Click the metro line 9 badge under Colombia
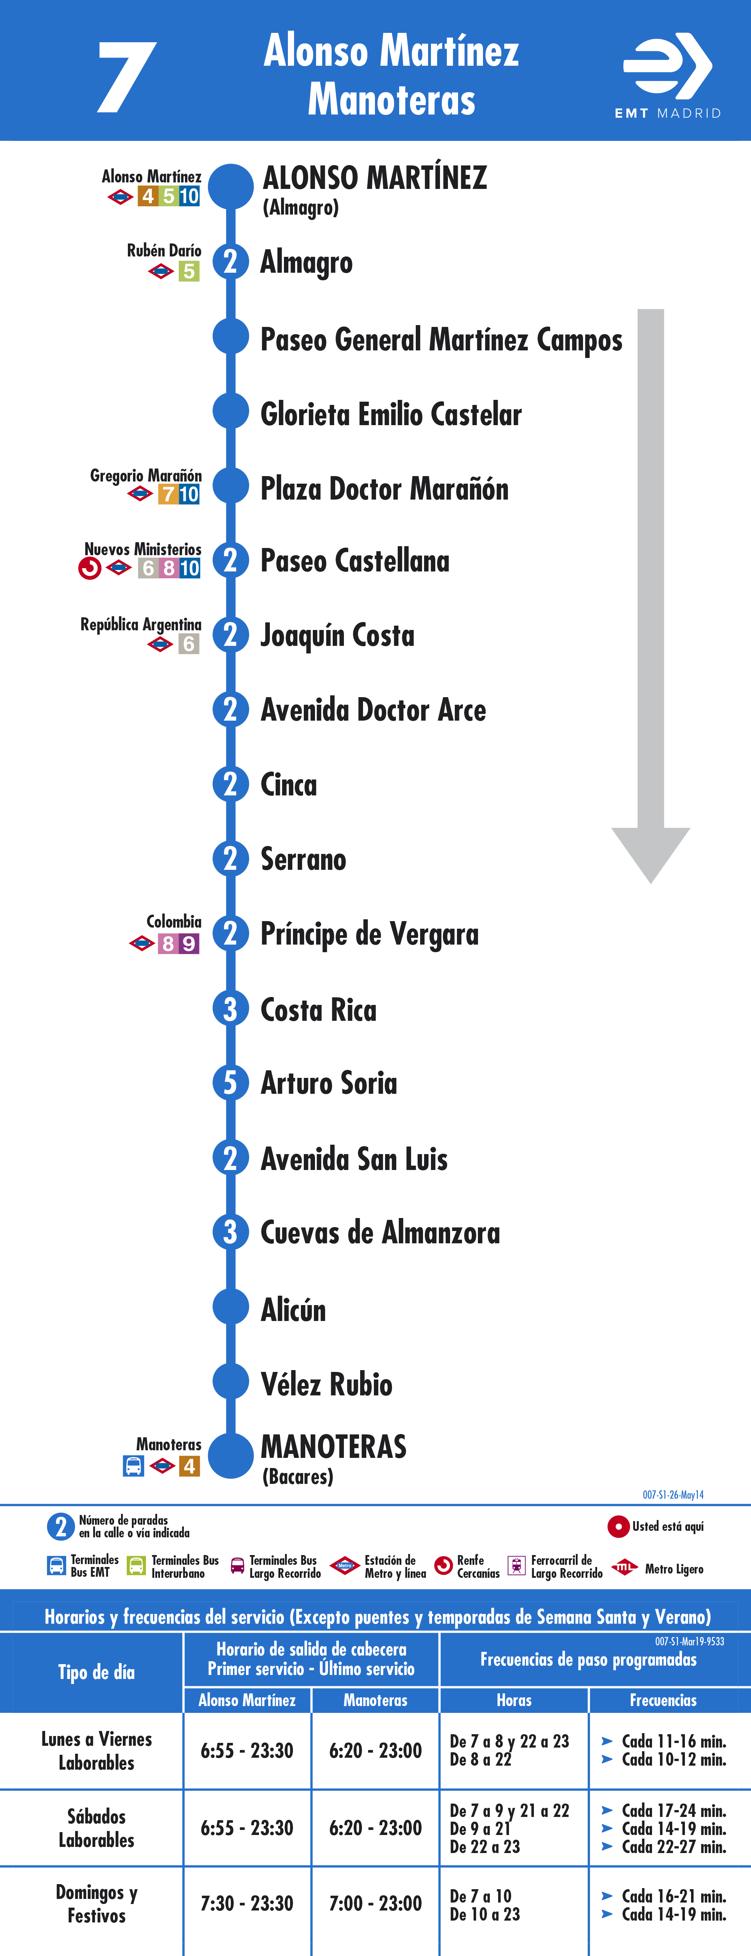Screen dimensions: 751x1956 (x=189, y=944)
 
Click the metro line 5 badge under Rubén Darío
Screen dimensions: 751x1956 (x=189, y=271)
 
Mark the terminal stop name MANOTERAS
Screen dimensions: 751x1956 (x=333, y=1446)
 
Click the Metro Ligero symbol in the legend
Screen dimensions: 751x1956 (x=624, y=1567)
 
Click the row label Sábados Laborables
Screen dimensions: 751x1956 (x=96, y=1828)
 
